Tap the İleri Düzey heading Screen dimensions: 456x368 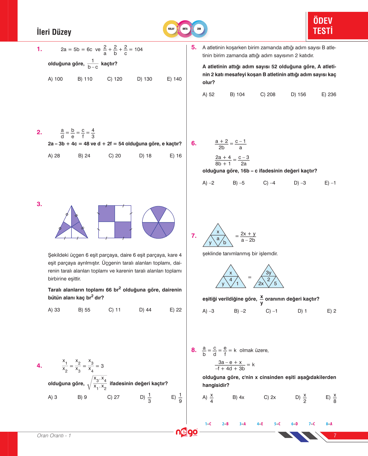tap(54, 32)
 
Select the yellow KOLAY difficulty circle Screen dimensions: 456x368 tap(171, 29)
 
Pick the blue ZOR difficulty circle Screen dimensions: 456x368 tap(199, 29)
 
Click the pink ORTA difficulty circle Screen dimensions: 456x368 tap(185, 29)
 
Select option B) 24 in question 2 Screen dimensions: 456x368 tap(84, 156)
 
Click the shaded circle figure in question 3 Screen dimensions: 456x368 tap(158, 222)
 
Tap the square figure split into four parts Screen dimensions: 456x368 tap(115, 222)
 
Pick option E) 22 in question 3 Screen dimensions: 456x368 tap(175, 310)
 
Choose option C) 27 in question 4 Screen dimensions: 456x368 tap(113, 397)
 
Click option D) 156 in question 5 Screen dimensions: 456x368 tap(298, 95)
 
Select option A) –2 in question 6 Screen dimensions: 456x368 tap(208, 183)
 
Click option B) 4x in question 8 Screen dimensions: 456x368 tap(238, 397)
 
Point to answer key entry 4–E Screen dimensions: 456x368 tap(260, 424)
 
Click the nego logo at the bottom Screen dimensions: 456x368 tap(187, 432)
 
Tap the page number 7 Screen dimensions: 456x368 tap(335, 435)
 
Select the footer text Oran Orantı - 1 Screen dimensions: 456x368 tap(54, 435)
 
